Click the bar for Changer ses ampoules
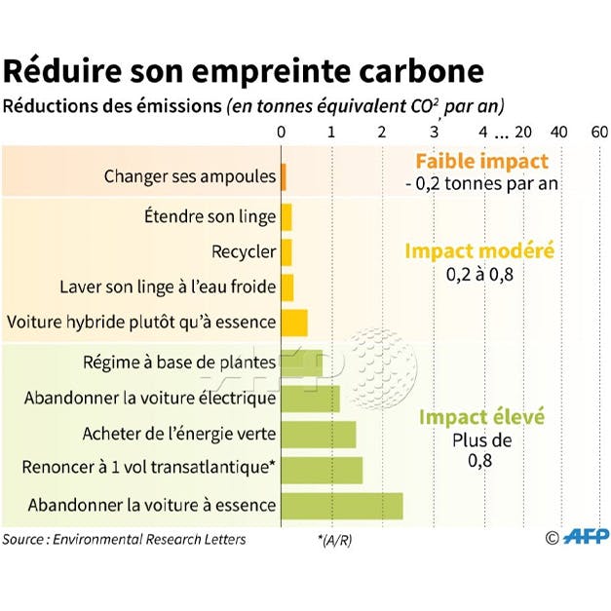pos(284,176)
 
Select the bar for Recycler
pos(286,251)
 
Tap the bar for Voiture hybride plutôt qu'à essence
pos(294,322)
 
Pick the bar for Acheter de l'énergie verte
pos(319,434)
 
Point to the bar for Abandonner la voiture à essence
pos(342,506)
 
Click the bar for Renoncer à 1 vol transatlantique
pos(322,470)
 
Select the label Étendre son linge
pos(210,216)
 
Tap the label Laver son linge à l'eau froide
pos(168,287)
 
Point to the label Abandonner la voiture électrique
pos(151,398)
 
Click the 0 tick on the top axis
pos(282,132)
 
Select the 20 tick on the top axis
pos(523,132)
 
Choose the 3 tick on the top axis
pos(435,132)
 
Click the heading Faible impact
pos(481,162)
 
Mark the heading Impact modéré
pos(479,250)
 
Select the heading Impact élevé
pos(481,417)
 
